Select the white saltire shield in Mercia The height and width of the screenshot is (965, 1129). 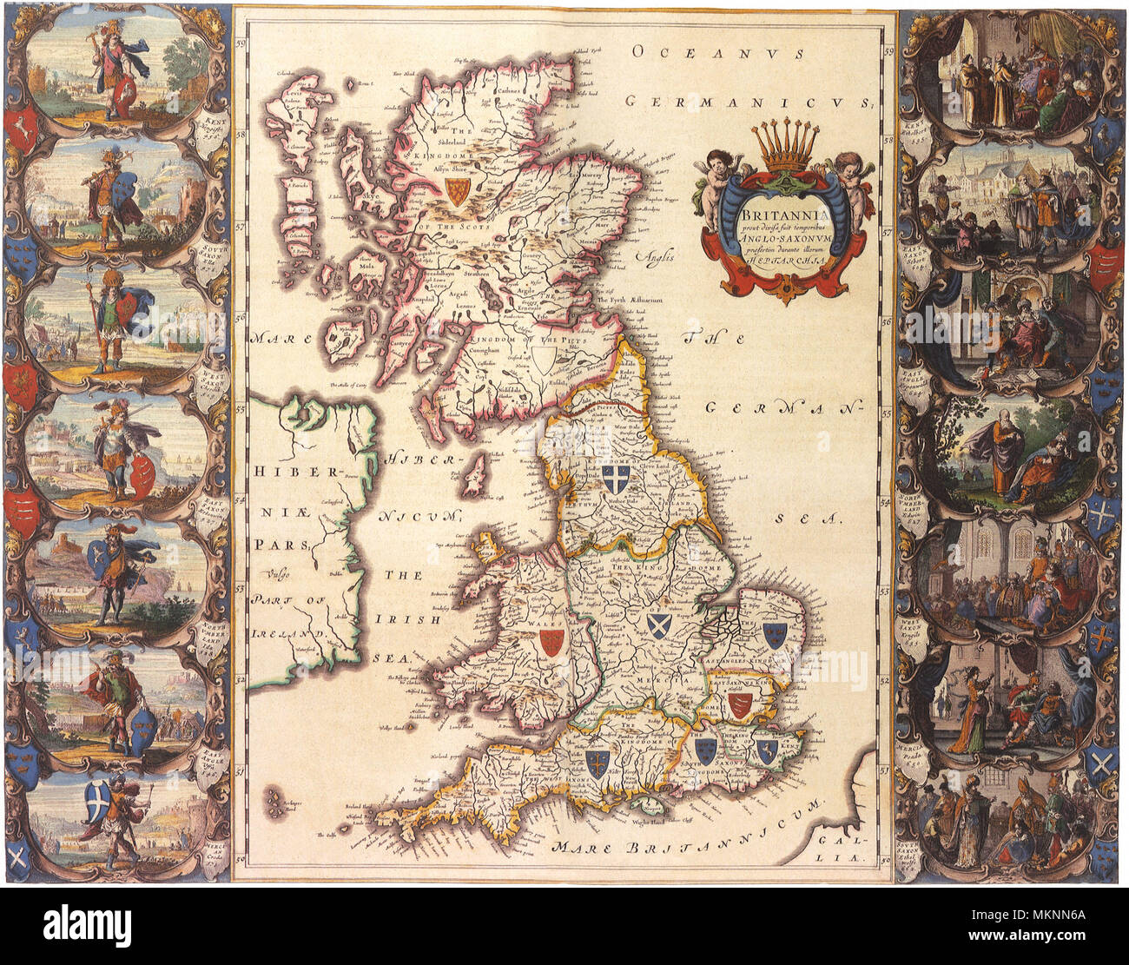657,625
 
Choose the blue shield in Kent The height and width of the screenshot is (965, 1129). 765,750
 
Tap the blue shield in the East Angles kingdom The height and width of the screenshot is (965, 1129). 773,633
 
